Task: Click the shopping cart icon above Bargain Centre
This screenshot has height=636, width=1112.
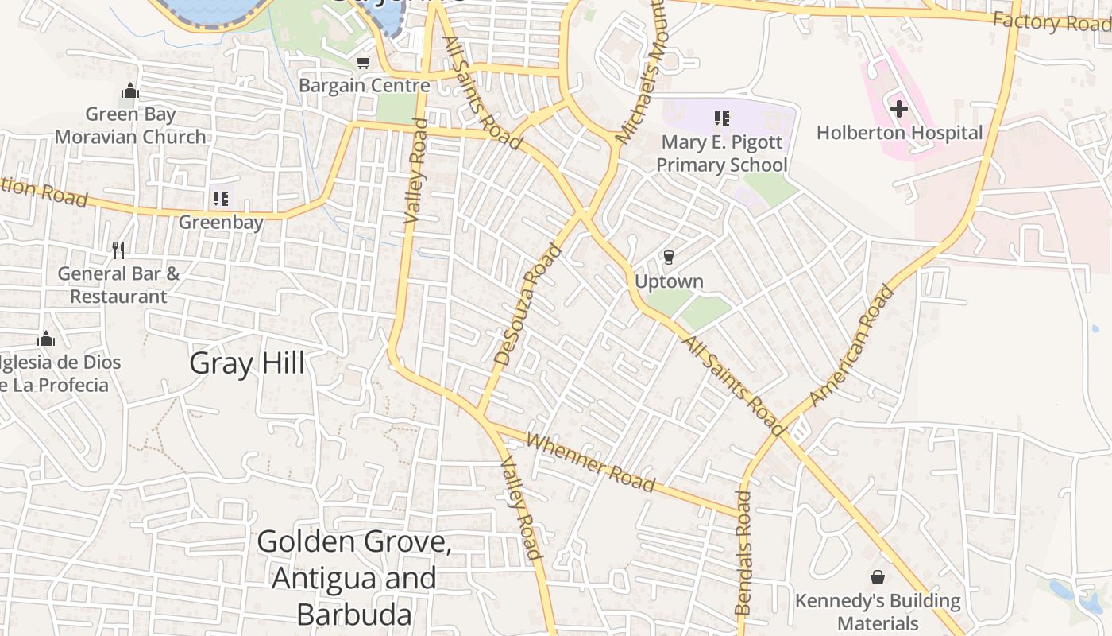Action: pyautogui.click(x=363, y=62)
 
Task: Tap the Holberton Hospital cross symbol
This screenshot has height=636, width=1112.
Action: pyautogui.click(x=898, y=108)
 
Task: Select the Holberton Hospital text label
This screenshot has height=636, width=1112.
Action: pyautogui.click(x=899, y=133)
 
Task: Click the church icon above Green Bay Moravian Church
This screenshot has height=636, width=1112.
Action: pyautogui.click(x=130, y=91)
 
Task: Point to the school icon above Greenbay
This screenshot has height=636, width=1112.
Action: pyautogui.click(x=220, y=198)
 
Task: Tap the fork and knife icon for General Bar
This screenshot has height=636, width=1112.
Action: pyautogui.click(x=118, y=250)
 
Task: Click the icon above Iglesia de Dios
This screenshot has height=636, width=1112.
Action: pyautogui.click(x=46, y=339)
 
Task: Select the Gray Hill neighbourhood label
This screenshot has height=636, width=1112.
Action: pyautogui.click(x=247, y=363)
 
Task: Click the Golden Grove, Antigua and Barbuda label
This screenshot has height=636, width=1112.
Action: pyautogui.click(x=354, y=578)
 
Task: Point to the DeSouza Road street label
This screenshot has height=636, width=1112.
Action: pyautogui.click(x=528, y=305)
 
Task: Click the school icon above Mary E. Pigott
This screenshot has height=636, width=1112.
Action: pyautogui.click(x=721, y=118)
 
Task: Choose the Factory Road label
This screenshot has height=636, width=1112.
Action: pyautogui.click(x=1050, y=22)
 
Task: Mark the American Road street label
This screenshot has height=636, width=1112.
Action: pyautogui.click(x=851, y=347)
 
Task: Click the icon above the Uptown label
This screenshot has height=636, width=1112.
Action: pyautogui.click(x=668, y=257)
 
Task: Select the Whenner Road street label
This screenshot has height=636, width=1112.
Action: pyautogui.click(x=591, y=463)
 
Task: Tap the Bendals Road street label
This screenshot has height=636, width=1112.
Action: pyautogui.click(x=743, y=552)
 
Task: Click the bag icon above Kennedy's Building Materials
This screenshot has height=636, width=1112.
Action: pyautogui.click(x=878, y=576)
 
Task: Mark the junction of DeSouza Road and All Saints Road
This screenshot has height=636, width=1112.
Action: pyautogui.click(x=585, y=212)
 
